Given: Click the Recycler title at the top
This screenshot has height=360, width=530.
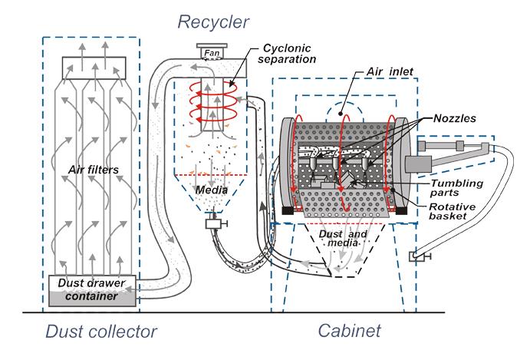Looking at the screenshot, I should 214,19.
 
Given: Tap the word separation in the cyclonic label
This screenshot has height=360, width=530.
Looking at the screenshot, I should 288,58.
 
